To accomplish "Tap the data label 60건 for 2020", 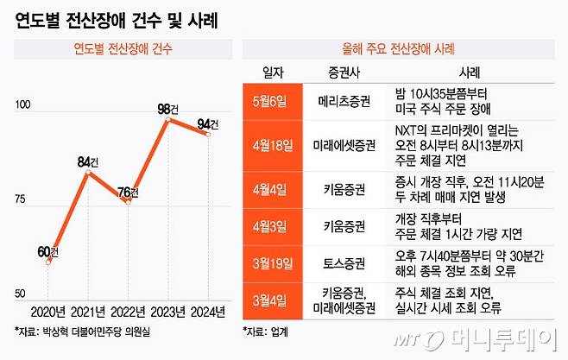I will [48, 251].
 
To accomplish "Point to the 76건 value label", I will [129, 191].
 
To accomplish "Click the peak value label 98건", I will [170, 108].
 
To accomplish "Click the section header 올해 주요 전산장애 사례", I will [399, 47].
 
